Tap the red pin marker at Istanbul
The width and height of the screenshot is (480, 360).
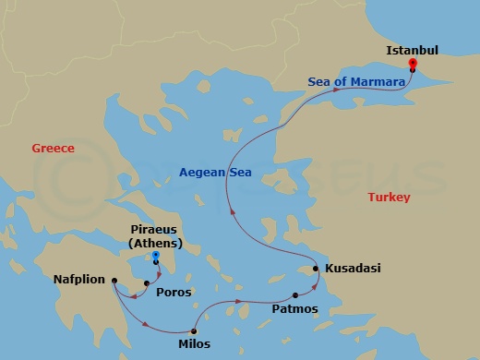(412, 64)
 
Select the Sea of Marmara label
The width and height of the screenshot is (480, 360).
(356, 82)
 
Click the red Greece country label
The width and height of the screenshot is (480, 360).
(53, 148)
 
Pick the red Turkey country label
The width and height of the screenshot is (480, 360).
(388, 198)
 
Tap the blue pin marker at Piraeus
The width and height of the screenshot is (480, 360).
(156, 256)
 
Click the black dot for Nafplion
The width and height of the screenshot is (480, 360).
(114, 281)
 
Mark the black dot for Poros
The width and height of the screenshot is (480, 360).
(146, 283)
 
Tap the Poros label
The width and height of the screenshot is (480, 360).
(174, 293)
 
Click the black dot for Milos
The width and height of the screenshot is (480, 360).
(194, 330)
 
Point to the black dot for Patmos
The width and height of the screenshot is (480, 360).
(294, 295)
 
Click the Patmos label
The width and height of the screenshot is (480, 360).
(294, 309)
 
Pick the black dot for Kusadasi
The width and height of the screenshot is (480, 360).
(316, 269)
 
